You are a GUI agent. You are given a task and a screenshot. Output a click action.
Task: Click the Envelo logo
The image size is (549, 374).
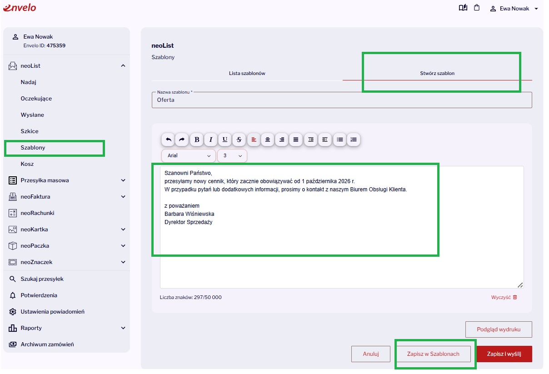click(x=20, y=8)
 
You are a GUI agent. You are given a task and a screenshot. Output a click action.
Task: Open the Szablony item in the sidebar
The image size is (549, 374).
click(x=33, y=148)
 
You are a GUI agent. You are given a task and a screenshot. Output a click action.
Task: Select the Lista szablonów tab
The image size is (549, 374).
click(x=247, y=73)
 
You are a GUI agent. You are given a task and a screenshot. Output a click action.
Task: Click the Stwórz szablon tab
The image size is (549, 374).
click(x=437, y=73)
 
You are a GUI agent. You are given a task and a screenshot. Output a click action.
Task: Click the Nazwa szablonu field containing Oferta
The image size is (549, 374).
click(x=342, y=100)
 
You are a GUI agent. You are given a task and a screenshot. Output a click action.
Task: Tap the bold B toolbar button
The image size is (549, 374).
click(x=197, y=140)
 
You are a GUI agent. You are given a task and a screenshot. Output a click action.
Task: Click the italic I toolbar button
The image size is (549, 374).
click(x=210, y=140)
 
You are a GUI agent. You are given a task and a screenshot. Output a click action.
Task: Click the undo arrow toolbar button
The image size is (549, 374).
click(x=168, y=140)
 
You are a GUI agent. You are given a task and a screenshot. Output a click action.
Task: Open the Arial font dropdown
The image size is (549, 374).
click(x=189, y=155)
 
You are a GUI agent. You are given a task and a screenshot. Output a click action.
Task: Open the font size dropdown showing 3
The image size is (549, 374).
click(x=232, y=155)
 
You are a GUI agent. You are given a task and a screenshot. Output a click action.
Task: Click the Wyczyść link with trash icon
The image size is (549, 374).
click(x=504, y=297)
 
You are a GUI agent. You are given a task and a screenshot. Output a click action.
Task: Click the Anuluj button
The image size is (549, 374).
click(x=370, y=354)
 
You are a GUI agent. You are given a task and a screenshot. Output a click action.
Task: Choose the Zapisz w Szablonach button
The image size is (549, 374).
click(x=433, y=354)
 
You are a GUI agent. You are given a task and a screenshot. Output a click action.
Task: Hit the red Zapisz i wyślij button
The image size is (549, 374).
click(x=504, y=354)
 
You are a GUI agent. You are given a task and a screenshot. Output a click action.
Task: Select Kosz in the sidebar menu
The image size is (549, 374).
click(x=27, y=164)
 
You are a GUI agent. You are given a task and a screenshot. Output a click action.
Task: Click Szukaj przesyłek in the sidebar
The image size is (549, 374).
click(x=42, y=279)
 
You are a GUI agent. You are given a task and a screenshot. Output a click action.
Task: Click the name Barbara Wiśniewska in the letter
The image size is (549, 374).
click(x=189, y=214)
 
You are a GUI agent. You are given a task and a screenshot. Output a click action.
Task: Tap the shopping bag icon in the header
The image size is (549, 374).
click(x=477, y=8)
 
